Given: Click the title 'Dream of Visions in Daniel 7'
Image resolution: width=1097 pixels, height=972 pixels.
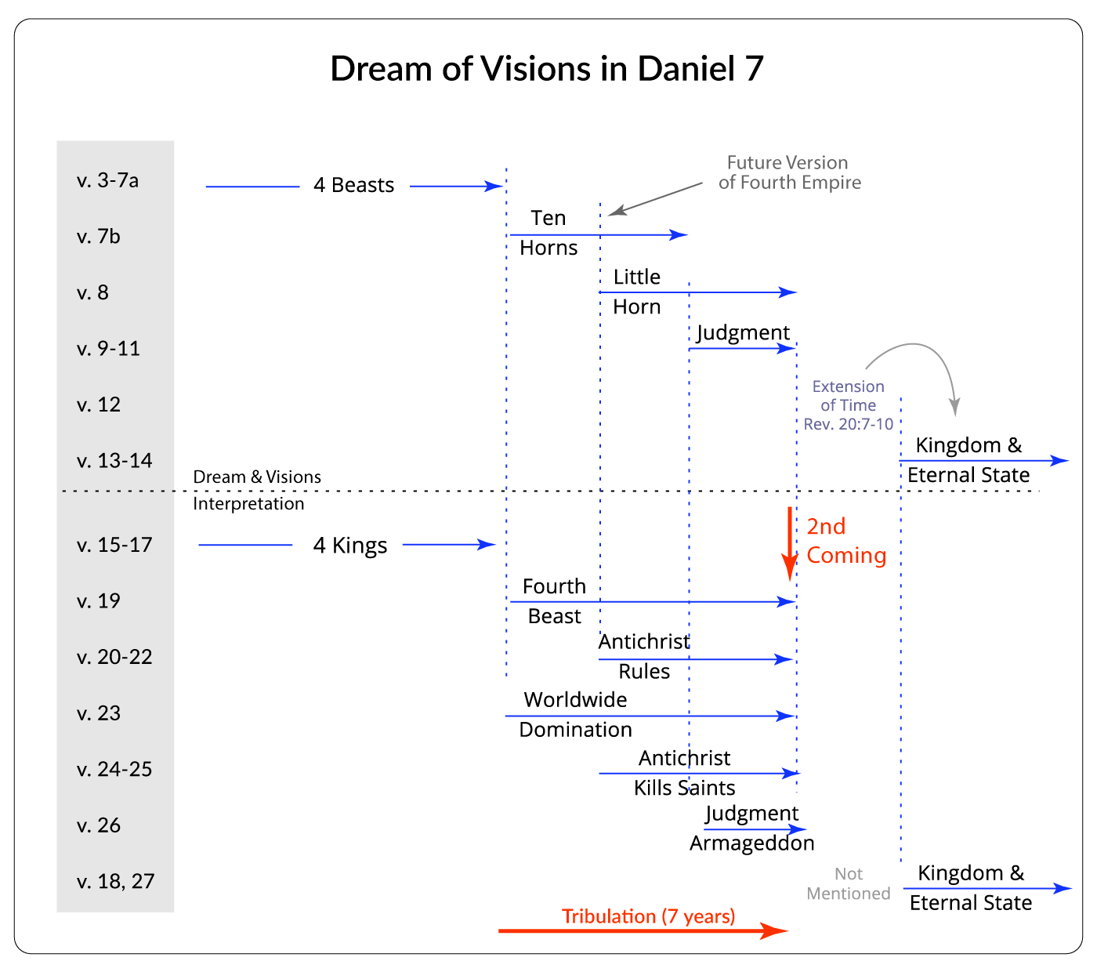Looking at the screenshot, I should coord(546,69).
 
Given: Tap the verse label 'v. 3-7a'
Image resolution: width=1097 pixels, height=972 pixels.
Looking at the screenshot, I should coord(107,181).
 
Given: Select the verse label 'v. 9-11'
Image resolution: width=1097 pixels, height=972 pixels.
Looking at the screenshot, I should coord(108,349).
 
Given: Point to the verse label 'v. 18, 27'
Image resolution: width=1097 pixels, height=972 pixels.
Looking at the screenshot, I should coord(115,882).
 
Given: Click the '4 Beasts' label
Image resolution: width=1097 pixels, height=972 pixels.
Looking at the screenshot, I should coord(353,186).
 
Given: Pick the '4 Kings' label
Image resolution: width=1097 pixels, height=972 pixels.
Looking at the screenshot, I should coord(350,546).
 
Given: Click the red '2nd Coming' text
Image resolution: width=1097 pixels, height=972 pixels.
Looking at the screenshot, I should coord(845,541).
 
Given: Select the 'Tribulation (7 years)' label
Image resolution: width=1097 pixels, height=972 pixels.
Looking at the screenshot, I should coord(648,916).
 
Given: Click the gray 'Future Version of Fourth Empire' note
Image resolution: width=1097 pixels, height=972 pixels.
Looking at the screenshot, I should coord(789,173).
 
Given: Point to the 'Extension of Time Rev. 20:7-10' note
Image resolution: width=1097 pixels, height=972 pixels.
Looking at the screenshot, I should coord(849,405).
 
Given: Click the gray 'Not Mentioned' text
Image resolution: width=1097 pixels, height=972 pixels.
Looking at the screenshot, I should coord(849,884).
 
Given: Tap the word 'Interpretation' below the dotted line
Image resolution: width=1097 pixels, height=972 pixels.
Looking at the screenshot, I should coord(248,504).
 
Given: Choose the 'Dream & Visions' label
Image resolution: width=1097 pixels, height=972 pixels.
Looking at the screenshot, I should coord(257,477).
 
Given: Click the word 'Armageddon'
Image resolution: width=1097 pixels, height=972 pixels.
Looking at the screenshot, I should coord(751,843).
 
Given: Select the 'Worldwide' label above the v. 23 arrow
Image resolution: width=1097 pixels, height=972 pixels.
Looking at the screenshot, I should coord(575,700).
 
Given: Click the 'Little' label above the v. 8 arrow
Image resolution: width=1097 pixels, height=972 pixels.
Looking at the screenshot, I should coord(636,277).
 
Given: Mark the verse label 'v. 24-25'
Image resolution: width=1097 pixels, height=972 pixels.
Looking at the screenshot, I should coord(114,770).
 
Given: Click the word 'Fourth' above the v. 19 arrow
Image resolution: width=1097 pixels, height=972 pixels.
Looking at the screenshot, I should coord(554,587).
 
